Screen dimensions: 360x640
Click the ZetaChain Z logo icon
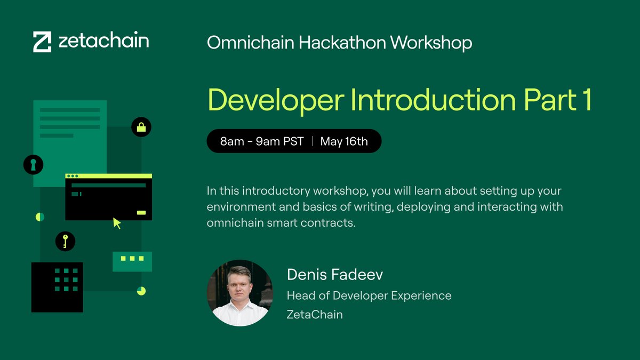pyautogui.click(x=42, y=42)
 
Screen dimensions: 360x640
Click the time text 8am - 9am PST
pyautogui.click(x=261, y=141)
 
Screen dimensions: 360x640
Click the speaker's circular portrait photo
pyautogui.click(x=239, y=293)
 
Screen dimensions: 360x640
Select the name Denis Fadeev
pyautogui.click(x=335, y=275)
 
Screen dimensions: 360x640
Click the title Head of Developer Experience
pyautogui.click(x=369, y=295)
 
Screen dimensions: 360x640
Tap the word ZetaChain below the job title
pyautogui.click(x=315, y=315)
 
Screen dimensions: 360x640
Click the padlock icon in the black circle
pyautogui.click(x=141, y=127)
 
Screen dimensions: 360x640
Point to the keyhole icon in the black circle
pyautogui.click(x=33, y=164)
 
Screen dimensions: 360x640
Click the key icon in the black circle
pyautogui.click(x=65, y=241)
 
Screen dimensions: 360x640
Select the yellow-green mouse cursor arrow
pyautogui.click(x=117, y=223)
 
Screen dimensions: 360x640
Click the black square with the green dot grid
pyautogui.click(x=57, y=287)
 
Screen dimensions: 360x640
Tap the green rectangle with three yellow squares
pyautogui.click(x=132, y=261)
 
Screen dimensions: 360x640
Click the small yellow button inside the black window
pyautogui.click(x=141, y=212)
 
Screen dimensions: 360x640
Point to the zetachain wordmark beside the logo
pyautogui.click(x=103, y=41)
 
